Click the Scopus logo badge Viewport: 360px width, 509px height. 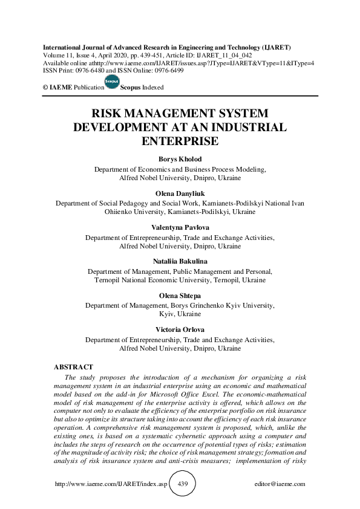(x=112, y=83)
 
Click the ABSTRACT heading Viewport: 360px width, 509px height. (x=74, y=367)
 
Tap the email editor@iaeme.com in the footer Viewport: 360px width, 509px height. (x=280, y=484)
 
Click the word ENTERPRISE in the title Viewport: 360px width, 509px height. (x=179, y=140)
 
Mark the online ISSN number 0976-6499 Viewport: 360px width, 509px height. (x=166, y=70)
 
